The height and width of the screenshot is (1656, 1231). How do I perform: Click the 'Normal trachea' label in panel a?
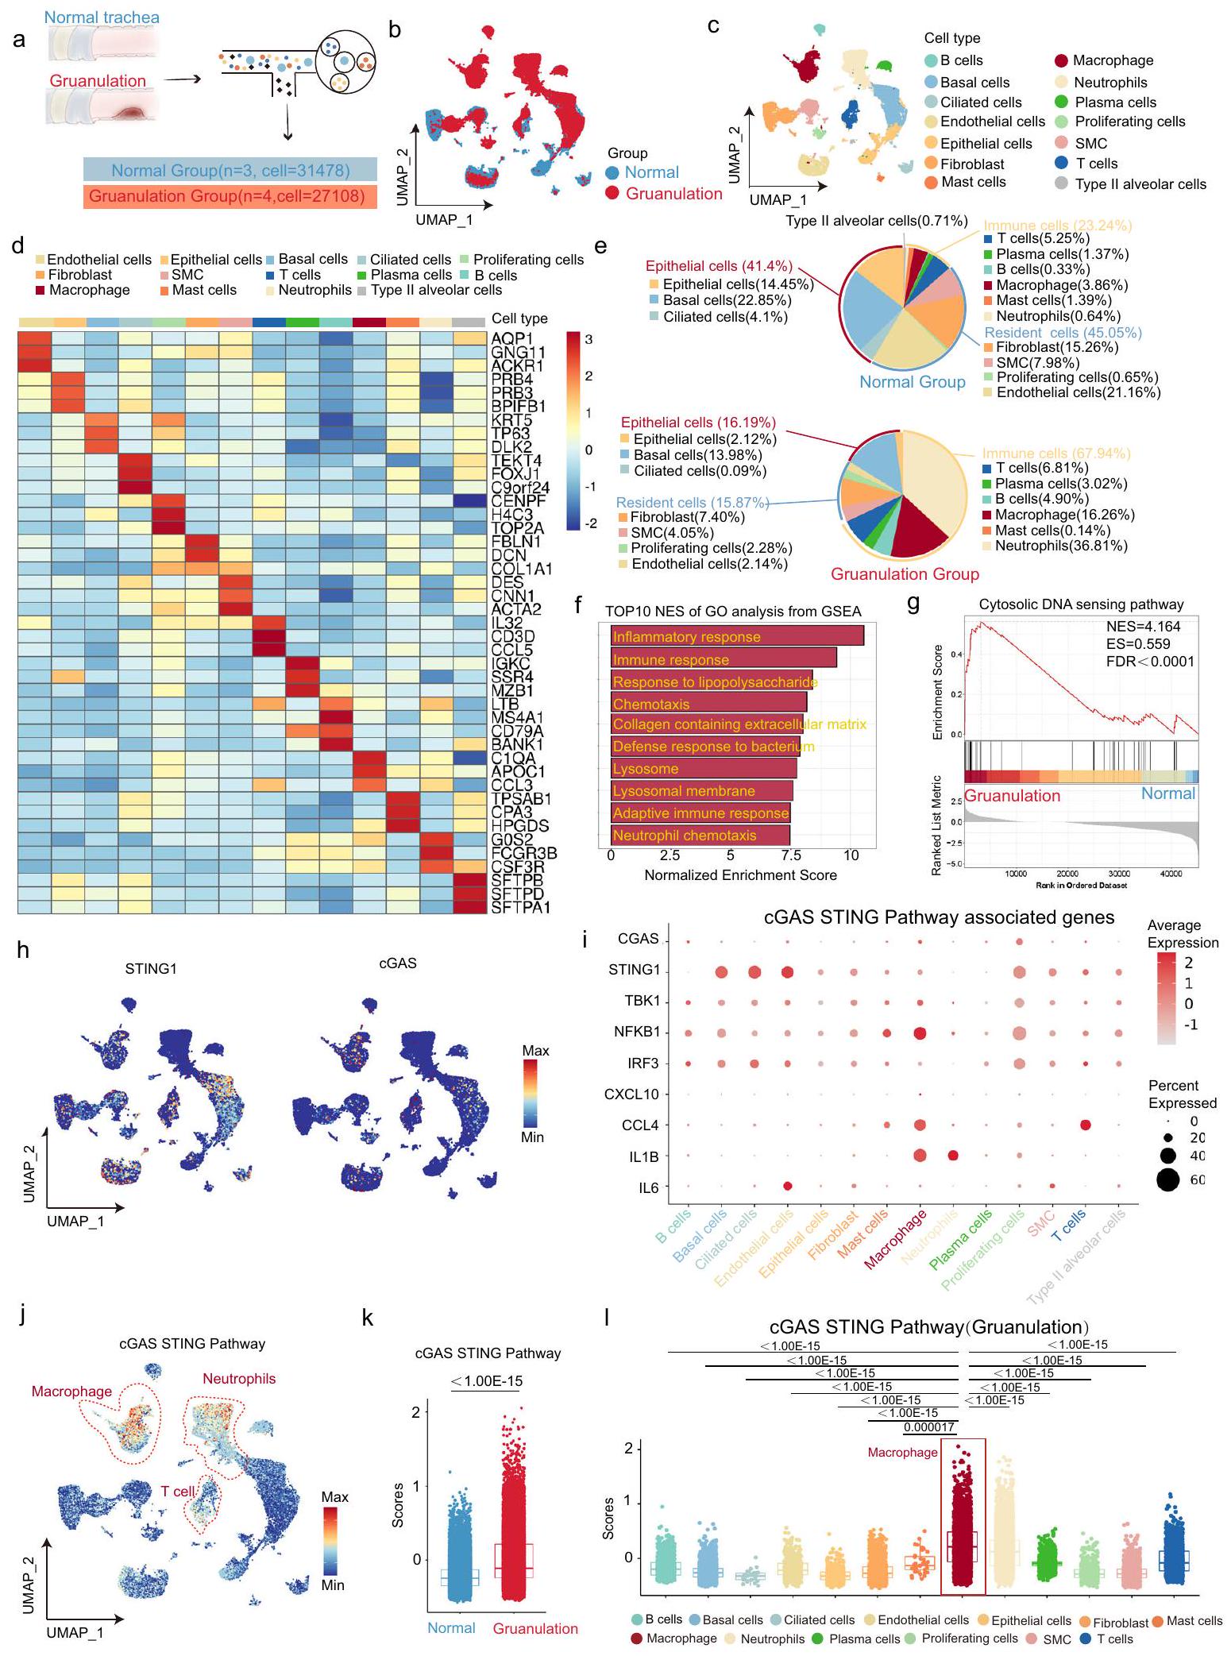point(102,17)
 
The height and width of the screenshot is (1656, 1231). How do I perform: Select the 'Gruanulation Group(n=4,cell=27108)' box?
point(230,195)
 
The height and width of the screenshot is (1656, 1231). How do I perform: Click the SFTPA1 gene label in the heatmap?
point(521,906)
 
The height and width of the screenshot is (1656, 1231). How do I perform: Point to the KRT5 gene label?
point(511,419)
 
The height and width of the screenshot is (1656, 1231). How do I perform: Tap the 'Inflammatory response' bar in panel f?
point(736,636)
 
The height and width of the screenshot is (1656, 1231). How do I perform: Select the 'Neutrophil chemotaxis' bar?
point(700,835)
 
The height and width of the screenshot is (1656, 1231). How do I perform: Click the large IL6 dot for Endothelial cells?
point(788,1186)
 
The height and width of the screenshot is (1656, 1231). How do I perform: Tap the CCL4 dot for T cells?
point(1085,1125)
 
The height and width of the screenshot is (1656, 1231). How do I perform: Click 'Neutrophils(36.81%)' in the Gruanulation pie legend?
point(1061,546)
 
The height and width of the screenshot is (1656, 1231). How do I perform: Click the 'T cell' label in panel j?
point(178,1492)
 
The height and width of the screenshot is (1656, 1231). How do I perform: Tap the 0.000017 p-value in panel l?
point(929,1427)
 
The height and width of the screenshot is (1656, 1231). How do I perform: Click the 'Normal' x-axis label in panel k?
point(451,1628)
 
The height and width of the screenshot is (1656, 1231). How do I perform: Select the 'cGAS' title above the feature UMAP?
point(398,963)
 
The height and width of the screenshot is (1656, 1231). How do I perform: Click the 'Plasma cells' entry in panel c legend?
point(1115,102)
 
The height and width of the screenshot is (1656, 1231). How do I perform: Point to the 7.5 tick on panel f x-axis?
point(790,855)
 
